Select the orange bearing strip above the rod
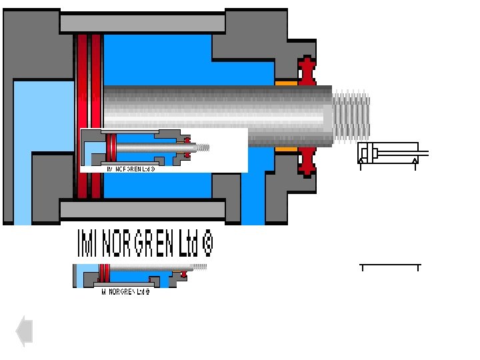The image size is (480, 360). (286, 83)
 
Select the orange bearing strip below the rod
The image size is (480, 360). (286, 150)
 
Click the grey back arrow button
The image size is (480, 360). (25, 331)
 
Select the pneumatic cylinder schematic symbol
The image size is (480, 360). (390, 153)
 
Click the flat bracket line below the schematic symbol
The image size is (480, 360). (390, 266)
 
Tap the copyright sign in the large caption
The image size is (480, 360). (207, 245)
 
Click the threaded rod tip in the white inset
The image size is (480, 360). (203, 147)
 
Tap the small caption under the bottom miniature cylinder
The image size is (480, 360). (125, 291)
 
